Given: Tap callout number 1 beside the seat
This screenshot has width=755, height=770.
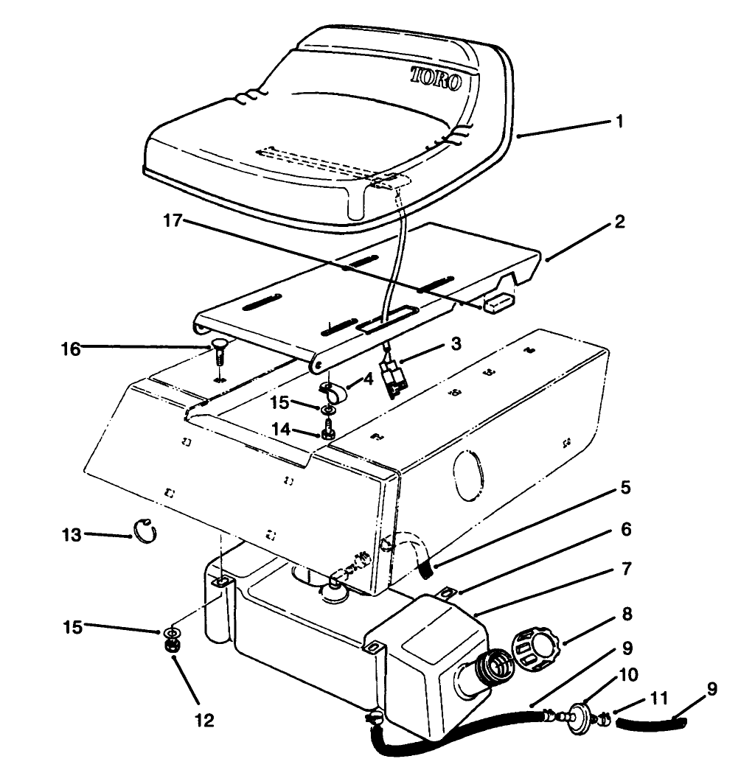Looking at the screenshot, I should (619, 121).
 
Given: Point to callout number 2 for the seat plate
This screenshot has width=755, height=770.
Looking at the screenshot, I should (619, 221).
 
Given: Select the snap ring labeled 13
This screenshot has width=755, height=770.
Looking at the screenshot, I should (145, 531).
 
